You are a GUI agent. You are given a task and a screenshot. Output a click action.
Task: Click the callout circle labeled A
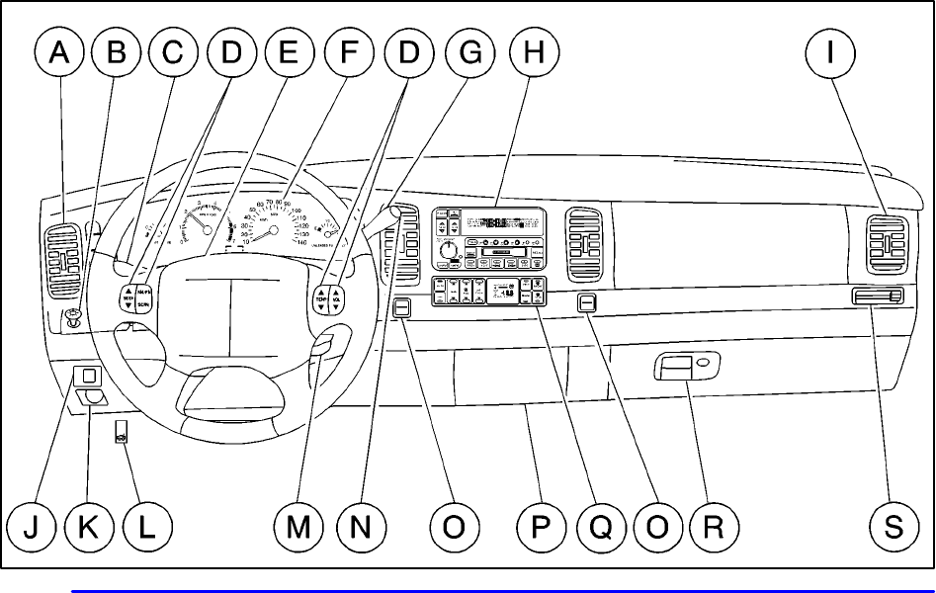pyautogui.click(x=59, y=56)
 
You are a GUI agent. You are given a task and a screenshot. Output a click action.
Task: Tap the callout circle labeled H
pyautogui.click(x=533, y=56)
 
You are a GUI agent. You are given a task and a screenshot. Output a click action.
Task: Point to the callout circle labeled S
pyautogui.click(x=893, y=527)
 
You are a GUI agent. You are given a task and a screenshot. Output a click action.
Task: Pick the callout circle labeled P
pyautogui.click(x=541, y=527)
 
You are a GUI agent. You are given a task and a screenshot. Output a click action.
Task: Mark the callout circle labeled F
pyautogui.click(x=344, y=56)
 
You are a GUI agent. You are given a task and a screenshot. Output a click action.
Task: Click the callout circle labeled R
pyautogui.click(x=713, y=527)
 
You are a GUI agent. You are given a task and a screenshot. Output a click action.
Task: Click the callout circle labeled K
pyautogui.click(x=88, y=527)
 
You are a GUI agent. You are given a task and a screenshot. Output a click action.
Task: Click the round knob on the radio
pyautogui.click(x=453, y=252)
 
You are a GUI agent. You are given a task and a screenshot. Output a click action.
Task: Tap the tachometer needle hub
pyautogui.click(x=208, y=227)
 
